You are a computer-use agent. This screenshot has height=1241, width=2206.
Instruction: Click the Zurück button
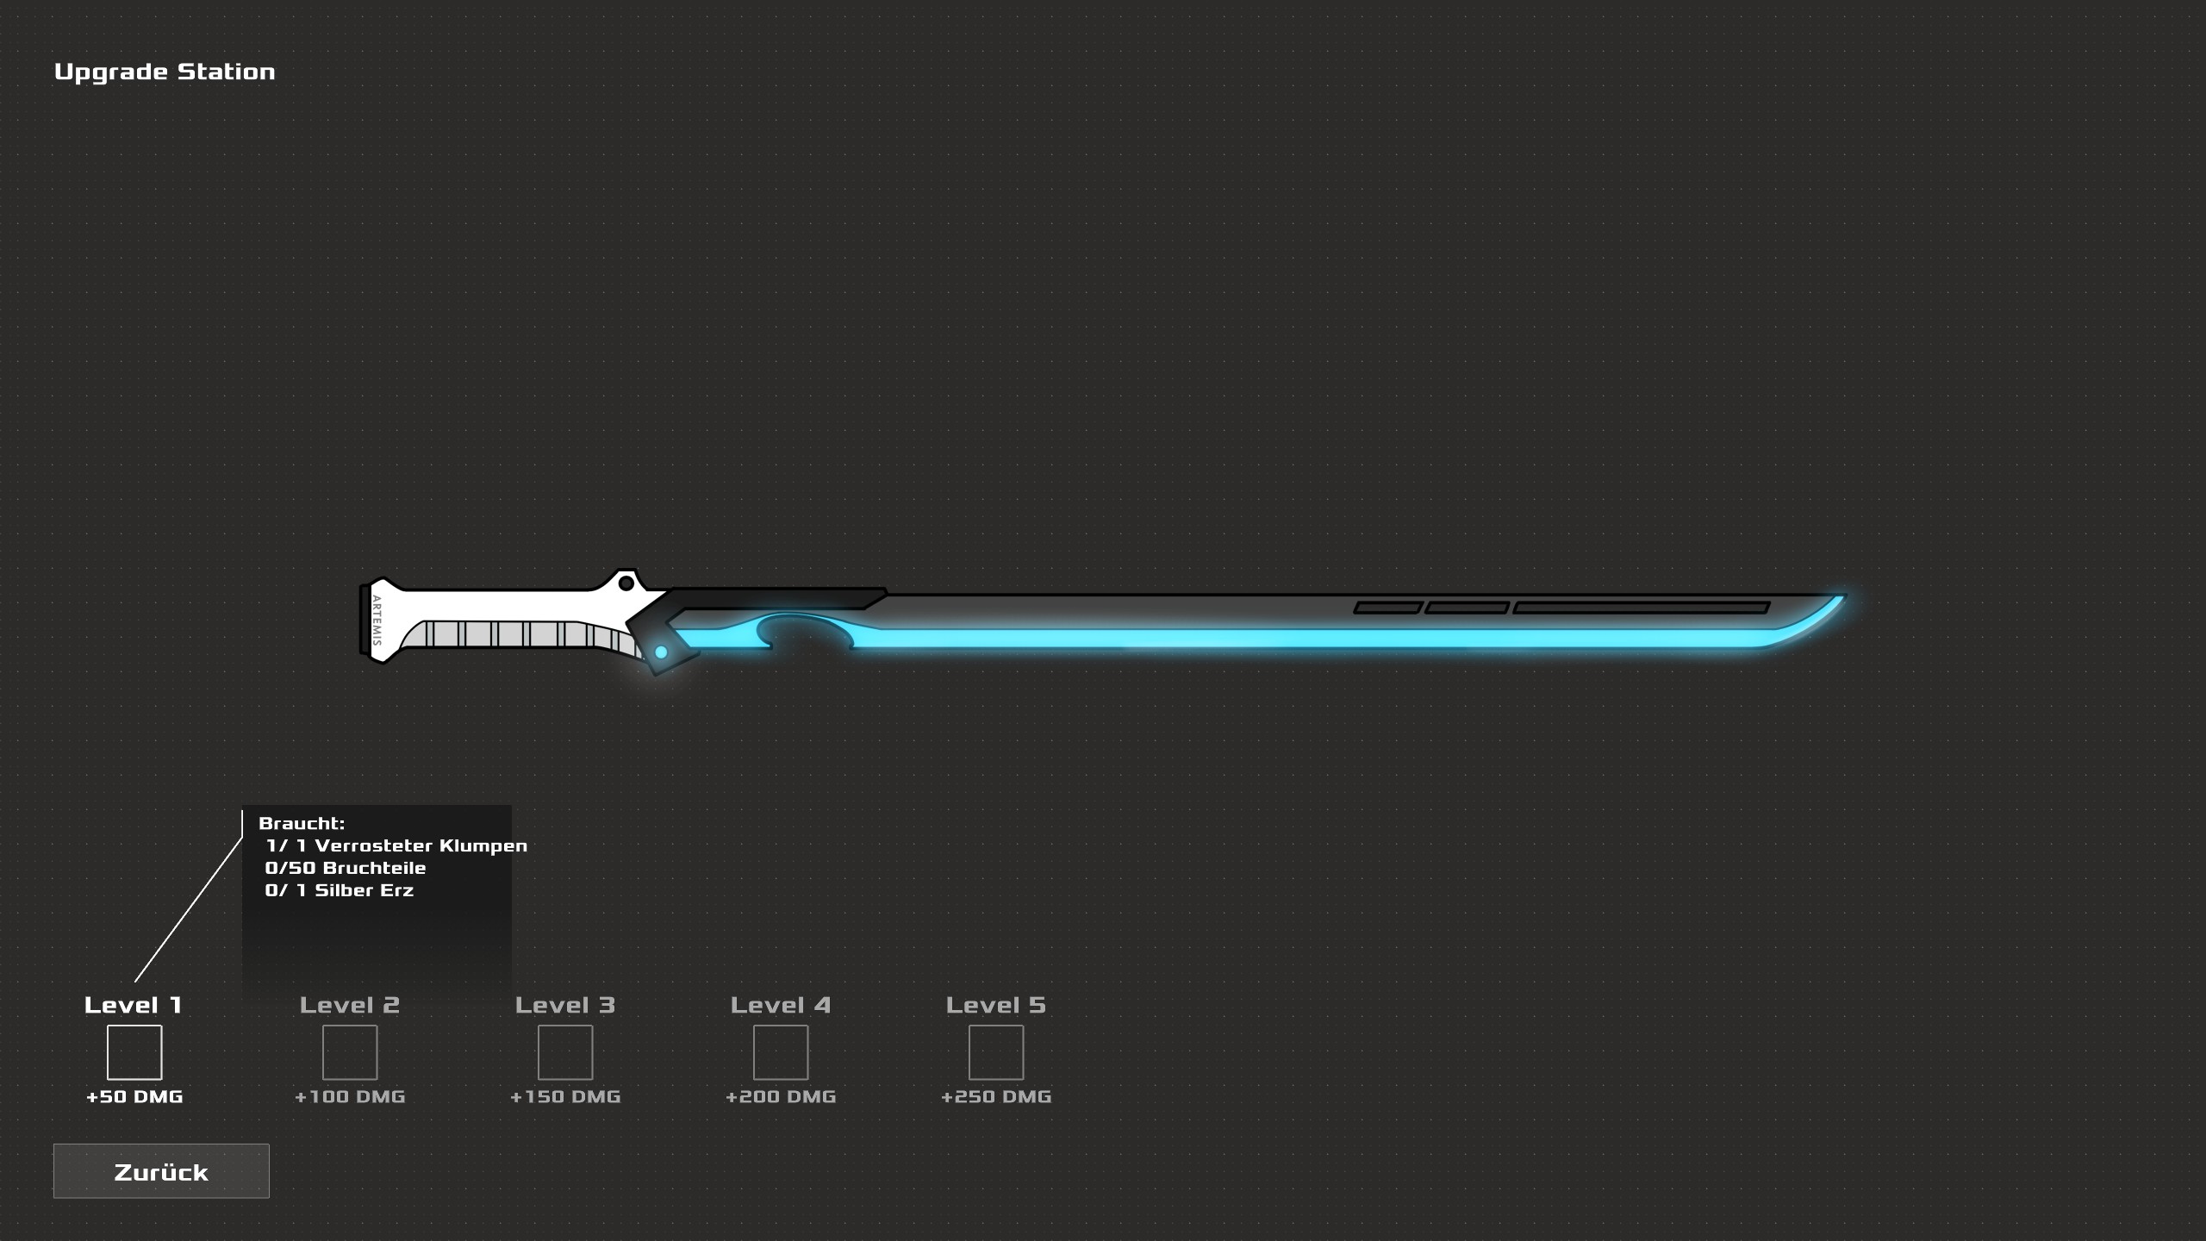click(161, 1171)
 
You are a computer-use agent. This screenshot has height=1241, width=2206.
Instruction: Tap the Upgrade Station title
click(165, 72)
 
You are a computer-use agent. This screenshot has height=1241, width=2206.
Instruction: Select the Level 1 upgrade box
click(134, 1052)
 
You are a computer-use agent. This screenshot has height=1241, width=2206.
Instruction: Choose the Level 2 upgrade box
click(350, 1052)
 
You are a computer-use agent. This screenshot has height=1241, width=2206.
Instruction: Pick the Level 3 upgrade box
click(565, 1052)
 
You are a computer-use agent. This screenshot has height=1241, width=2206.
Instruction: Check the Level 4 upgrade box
click(781, 1052)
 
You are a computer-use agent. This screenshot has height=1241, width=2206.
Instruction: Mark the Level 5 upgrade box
click(996, 1052)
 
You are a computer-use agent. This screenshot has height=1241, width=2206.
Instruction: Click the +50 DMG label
click(134, 1097)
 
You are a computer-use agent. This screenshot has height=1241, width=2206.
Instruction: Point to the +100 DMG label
click(350, 1097)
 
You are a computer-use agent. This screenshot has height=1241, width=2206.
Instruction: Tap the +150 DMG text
click(565, 1097)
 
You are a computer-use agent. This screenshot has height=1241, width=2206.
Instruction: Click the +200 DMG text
click(781, 1097)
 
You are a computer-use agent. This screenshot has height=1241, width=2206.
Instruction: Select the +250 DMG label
click(996, 1097)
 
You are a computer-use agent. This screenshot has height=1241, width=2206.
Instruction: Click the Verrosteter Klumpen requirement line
click(396, 846)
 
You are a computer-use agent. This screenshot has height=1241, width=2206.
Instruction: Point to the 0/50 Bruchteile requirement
click(346, 869)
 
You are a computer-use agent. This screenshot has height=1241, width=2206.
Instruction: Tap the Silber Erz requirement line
click(340, 891)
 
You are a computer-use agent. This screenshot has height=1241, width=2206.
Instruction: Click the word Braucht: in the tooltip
click(302, 824)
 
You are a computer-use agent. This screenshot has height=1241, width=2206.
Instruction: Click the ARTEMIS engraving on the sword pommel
click(377, 620)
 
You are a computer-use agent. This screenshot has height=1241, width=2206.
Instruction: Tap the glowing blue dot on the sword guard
click(661, 652)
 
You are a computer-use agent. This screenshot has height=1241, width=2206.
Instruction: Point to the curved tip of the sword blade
click(1842, 597)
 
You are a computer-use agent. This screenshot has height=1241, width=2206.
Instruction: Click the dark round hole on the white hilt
click(626, 583)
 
